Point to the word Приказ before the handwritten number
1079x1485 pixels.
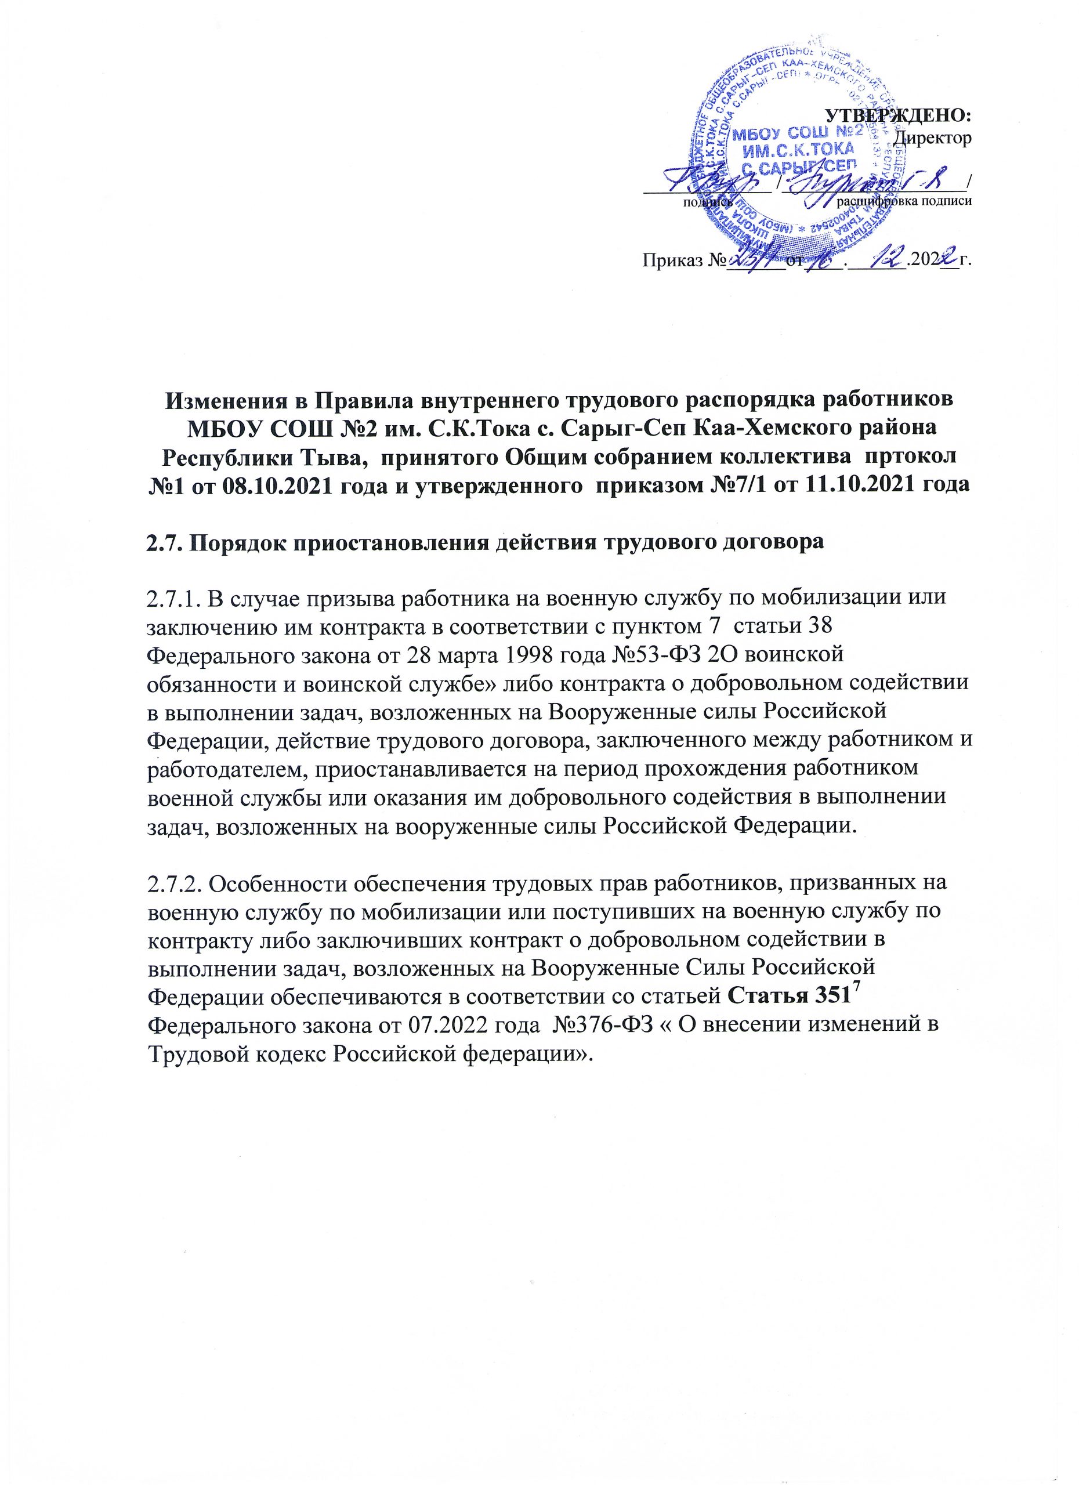667,261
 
